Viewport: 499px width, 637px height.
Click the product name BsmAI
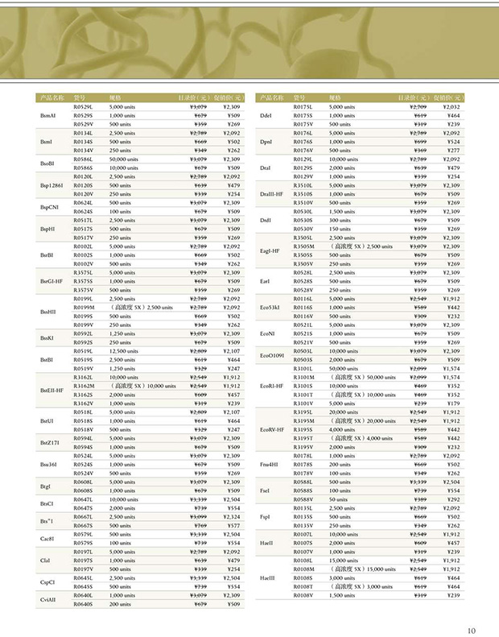[x=47, y=115]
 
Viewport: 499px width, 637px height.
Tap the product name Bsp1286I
[x=51, y=185]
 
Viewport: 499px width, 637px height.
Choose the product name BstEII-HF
[x=52, y=390]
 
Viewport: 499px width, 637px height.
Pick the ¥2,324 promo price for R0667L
[x=233, y=516]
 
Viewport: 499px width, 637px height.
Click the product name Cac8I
[x=47, y=538]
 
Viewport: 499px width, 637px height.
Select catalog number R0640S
[x=85, y=604]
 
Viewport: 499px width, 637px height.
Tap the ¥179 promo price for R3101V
[x=452, y=403]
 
